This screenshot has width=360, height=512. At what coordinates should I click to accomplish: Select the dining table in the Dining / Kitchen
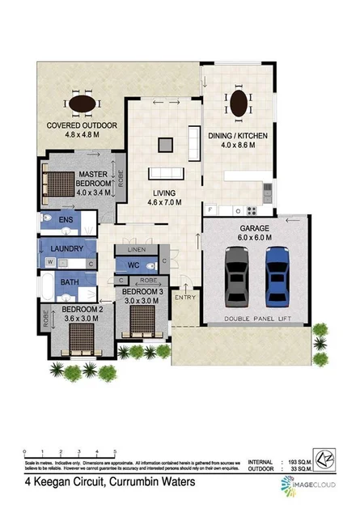point(239,104)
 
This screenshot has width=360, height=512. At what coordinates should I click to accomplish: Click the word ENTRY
point(184,298)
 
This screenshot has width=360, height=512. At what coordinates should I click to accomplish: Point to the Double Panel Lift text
point(256,320)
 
